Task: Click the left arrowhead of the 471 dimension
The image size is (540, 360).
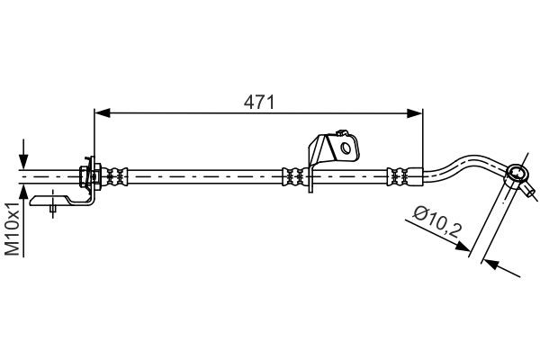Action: pyautogui.click(x=101, y=112)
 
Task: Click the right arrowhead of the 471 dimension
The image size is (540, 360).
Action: pyautogui.click(x=416, y=112)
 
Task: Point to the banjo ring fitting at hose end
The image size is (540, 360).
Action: pyautogui.click(x=517, y=173)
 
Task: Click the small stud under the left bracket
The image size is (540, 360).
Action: pyautogui.click(x=54, y=211)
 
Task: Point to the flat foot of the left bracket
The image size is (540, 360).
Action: pyautogui.click(x=54, y=201)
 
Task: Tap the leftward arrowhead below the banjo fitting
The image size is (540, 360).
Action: pyautogui.click(x=490, y=265)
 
